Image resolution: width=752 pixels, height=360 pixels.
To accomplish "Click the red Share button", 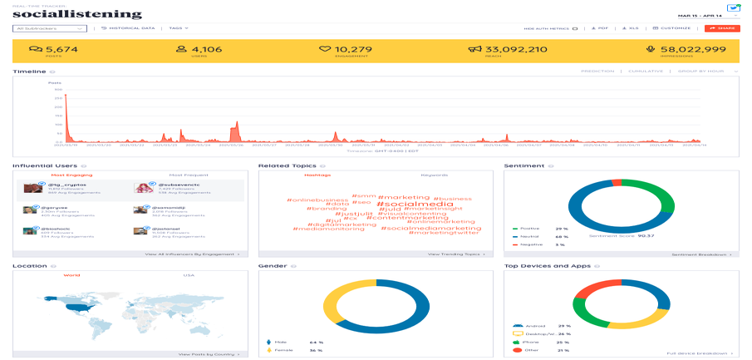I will pos(721,28).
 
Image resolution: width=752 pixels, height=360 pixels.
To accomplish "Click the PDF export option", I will pos(599,28).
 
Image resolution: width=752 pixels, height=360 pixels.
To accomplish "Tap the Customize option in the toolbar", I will pos(672,28).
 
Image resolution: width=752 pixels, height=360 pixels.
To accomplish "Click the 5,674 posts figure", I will pos(61,49).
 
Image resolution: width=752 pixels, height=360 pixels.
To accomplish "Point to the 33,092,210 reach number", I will pos(516,49).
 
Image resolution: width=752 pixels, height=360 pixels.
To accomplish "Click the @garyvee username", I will pos(55,208).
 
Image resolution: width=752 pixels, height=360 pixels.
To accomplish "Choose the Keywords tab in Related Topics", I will pos(434,175).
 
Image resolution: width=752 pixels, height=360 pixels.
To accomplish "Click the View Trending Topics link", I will pos(453,254).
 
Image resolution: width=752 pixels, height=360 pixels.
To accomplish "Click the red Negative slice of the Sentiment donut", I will pos(617,181).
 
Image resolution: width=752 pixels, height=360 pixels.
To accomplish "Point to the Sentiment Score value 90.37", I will pos(639,235).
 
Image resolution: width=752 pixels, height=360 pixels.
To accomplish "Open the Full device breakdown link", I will pos(700,353).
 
